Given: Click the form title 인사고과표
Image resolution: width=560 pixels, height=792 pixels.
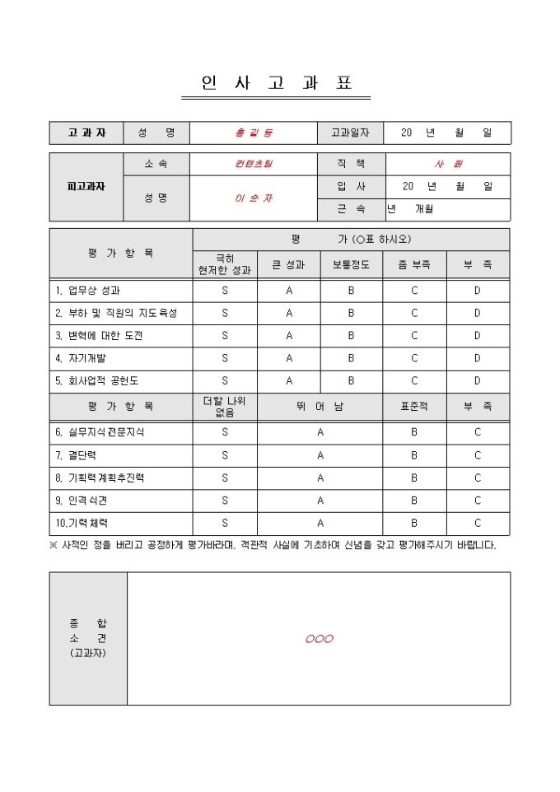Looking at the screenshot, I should pyautogui.click(x=276, y=83).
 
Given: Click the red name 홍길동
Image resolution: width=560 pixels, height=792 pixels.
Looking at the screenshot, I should pyautogui.click(x=253, y=133).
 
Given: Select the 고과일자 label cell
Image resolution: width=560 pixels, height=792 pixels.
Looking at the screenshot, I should pyautogui.click(x=350, y=133).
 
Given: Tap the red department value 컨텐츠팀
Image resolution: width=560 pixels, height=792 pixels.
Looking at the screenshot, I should pyautogui.click(x=253, y=164).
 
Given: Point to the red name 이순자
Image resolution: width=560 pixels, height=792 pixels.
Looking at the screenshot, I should pyautogui.click(x=253, y=198).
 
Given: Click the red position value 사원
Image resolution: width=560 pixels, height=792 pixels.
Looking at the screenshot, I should pyautogui.click(x=448, y=164).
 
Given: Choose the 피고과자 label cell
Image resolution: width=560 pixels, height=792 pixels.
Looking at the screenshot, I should pyautogui.click(x=86, y=186).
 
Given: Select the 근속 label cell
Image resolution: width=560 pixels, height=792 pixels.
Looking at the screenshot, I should pyautogui.click(x=350, y=209).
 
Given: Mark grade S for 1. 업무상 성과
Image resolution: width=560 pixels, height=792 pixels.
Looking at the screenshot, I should pyautogui.click(x=225, y=291).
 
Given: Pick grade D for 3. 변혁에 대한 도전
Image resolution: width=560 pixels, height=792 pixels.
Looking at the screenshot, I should pyautogui.click(x=477, y=336).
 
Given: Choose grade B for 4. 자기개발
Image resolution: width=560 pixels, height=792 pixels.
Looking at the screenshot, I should pyautogui.click(x=351, y=358).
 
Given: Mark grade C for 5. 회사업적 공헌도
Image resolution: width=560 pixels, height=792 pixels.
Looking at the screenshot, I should pyautogui.click(x=414, y=381).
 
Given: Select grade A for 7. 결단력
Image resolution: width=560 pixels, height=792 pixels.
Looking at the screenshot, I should pyautogui.click(x=320, y=455).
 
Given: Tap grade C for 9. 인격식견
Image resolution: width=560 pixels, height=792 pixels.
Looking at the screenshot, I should pyautogui.click(x=477, y=501).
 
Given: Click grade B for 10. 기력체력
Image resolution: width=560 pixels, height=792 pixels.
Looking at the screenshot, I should pyautogui.click(x=414, y=523).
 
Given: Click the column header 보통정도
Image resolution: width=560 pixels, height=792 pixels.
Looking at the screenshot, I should pyautogui.click(x=351, y=265).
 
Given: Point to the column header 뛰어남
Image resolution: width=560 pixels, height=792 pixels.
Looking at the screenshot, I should pyautogui.click(x=320, y=407).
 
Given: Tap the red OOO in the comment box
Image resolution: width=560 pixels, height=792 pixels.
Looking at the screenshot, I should pyautogui.click(x=319, y=639).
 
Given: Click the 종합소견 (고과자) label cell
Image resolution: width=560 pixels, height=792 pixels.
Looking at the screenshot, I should pyautogui.click(x=88, y=638).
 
